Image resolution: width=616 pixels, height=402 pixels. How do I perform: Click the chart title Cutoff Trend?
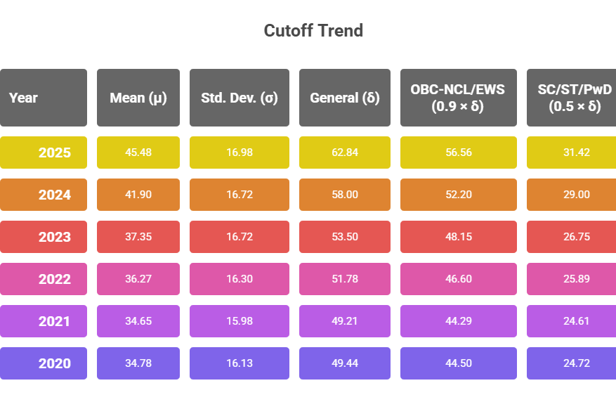tap(313, 31)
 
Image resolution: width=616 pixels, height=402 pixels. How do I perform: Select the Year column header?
tap(43, 98)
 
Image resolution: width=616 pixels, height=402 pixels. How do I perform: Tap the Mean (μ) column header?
tap(138, 98)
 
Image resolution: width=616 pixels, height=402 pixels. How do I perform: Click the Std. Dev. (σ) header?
tap(240, 98)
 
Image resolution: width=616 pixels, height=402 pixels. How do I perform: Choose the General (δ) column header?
tap(345, 98)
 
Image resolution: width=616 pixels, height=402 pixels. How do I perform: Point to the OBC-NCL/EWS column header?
tap(458, 98)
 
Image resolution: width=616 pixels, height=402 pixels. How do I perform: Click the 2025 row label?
tap(44, 153)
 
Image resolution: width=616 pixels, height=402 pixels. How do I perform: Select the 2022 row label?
tap(44, 279)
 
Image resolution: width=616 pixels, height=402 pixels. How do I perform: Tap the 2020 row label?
tap(44, 363)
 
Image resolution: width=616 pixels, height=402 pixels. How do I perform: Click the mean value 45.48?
tap(138, 153)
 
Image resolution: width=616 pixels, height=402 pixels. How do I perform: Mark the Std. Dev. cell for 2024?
tap(240, 195)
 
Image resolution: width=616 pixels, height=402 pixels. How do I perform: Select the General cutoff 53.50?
tap(345, 237)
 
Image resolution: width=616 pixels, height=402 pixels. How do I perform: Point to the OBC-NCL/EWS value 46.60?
tap(458, 279)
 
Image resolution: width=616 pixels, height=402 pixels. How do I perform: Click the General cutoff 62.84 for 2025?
tap(345, 153)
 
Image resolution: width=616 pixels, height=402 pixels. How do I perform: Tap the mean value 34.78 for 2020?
tap(138, 363)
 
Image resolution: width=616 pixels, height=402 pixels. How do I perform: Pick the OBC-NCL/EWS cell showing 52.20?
tap(458, 195)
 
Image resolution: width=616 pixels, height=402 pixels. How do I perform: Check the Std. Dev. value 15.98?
tap(240, 321)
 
